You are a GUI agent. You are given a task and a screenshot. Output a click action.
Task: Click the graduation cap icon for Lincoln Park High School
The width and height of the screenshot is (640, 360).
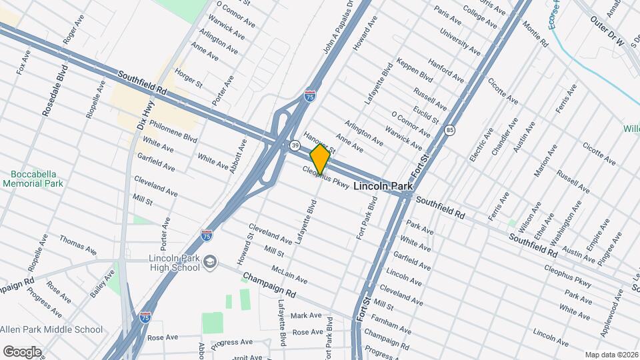(x=211, y=261)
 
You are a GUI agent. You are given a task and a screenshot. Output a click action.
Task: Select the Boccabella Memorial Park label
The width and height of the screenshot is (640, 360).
(x=32, y=178)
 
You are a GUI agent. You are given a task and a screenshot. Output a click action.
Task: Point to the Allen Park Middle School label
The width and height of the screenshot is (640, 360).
(x=51, y=329)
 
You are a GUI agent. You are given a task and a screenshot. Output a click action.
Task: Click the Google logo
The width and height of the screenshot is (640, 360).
(x=21, y=351)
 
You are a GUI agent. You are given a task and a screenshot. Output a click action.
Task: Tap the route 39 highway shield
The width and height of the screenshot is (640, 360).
(x=294, y=145)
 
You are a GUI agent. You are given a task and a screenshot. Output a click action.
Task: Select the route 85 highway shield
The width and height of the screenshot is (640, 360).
(x=451, y=130)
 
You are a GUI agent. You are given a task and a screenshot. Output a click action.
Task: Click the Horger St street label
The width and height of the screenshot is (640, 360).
(x=189, y=77)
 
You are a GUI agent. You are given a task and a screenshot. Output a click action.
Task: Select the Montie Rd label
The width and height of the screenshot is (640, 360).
(x=535, y=35)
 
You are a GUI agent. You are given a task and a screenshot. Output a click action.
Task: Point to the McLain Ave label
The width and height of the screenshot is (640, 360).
(x=289, y=273)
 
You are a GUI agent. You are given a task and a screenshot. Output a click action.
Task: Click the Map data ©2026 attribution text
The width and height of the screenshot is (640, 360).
(x=611, y=355)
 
